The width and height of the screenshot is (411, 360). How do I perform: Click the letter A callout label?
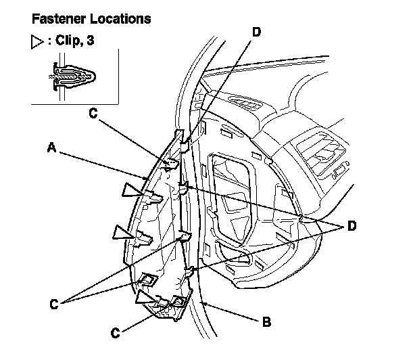[51, 145]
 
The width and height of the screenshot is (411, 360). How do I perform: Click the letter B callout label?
[267, 321]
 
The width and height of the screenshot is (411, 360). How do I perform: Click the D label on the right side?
[351, 227]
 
